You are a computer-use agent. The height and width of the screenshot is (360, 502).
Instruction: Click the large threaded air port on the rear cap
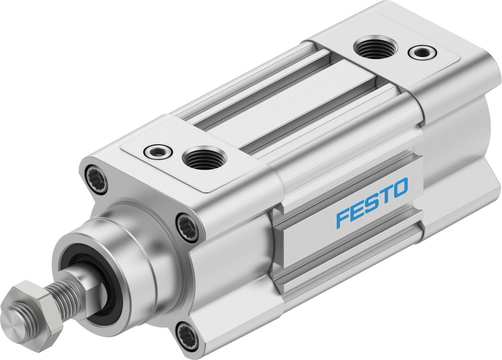(x=375, y=48)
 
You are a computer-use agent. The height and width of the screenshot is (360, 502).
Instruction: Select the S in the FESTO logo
(x=372, y=201)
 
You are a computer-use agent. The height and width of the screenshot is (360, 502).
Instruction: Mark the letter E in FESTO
(x=358, y=208)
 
